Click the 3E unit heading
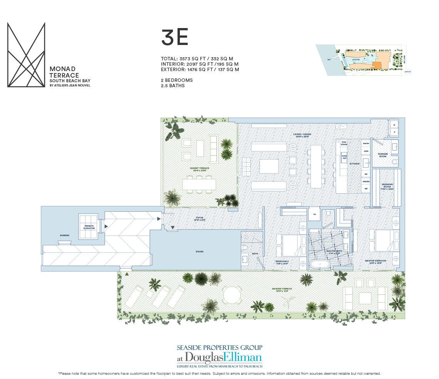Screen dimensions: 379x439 tap(174, 38)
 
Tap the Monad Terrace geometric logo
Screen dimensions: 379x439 tap(26, 55)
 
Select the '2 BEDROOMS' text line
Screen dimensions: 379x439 tap(177, 80)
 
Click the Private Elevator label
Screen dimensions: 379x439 tap(89, 227)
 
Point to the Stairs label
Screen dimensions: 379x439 tap(199, 252)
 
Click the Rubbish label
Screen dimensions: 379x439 tap(54, 235)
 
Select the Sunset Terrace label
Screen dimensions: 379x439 tap(199, 169)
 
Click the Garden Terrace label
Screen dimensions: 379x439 tap(284, 289)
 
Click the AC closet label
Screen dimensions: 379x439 tap(314, 214)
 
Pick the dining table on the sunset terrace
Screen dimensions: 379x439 tap(199, 185)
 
